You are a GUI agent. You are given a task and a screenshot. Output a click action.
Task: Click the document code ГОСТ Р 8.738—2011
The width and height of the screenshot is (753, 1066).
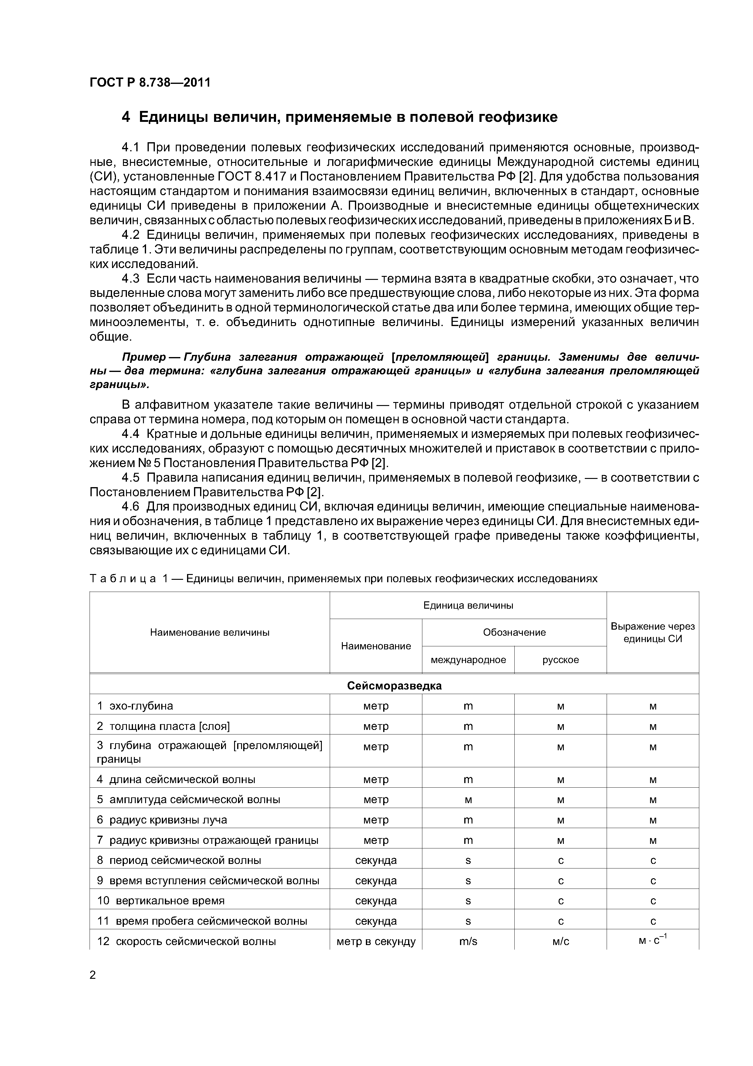[150, 83]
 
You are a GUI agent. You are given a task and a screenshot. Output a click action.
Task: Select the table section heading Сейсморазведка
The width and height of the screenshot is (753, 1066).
[394, 686]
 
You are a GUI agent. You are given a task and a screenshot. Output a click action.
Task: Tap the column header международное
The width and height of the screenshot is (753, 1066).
[468, 660]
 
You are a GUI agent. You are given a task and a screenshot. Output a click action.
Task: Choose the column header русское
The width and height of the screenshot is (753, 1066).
[560, 660]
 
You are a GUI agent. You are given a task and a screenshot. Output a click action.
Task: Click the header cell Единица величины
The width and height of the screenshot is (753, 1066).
[468, 605]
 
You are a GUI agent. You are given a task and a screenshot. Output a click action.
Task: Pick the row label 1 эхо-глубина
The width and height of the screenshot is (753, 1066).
[135, 706]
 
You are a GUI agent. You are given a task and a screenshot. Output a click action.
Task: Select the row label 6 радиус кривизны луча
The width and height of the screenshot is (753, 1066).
[162, 820]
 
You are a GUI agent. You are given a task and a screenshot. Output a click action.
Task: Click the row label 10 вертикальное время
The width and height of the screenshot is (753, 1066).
[161, 901]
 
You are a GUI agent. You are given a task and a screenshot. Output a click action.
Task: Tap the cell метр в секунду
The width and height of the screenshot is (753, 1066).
[376, 942]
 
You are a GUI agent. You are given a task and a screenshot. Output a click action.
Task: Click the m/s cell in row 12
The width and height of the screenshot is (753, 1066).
[468, 942]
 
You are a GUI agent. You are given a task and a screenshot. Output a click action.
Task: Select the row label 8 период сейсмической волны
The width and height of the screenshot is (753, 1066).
[179, 860]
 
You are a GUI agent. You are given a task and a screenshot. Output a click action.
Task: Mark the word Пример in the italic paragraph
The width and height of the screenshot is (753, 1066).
[144, 357]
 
